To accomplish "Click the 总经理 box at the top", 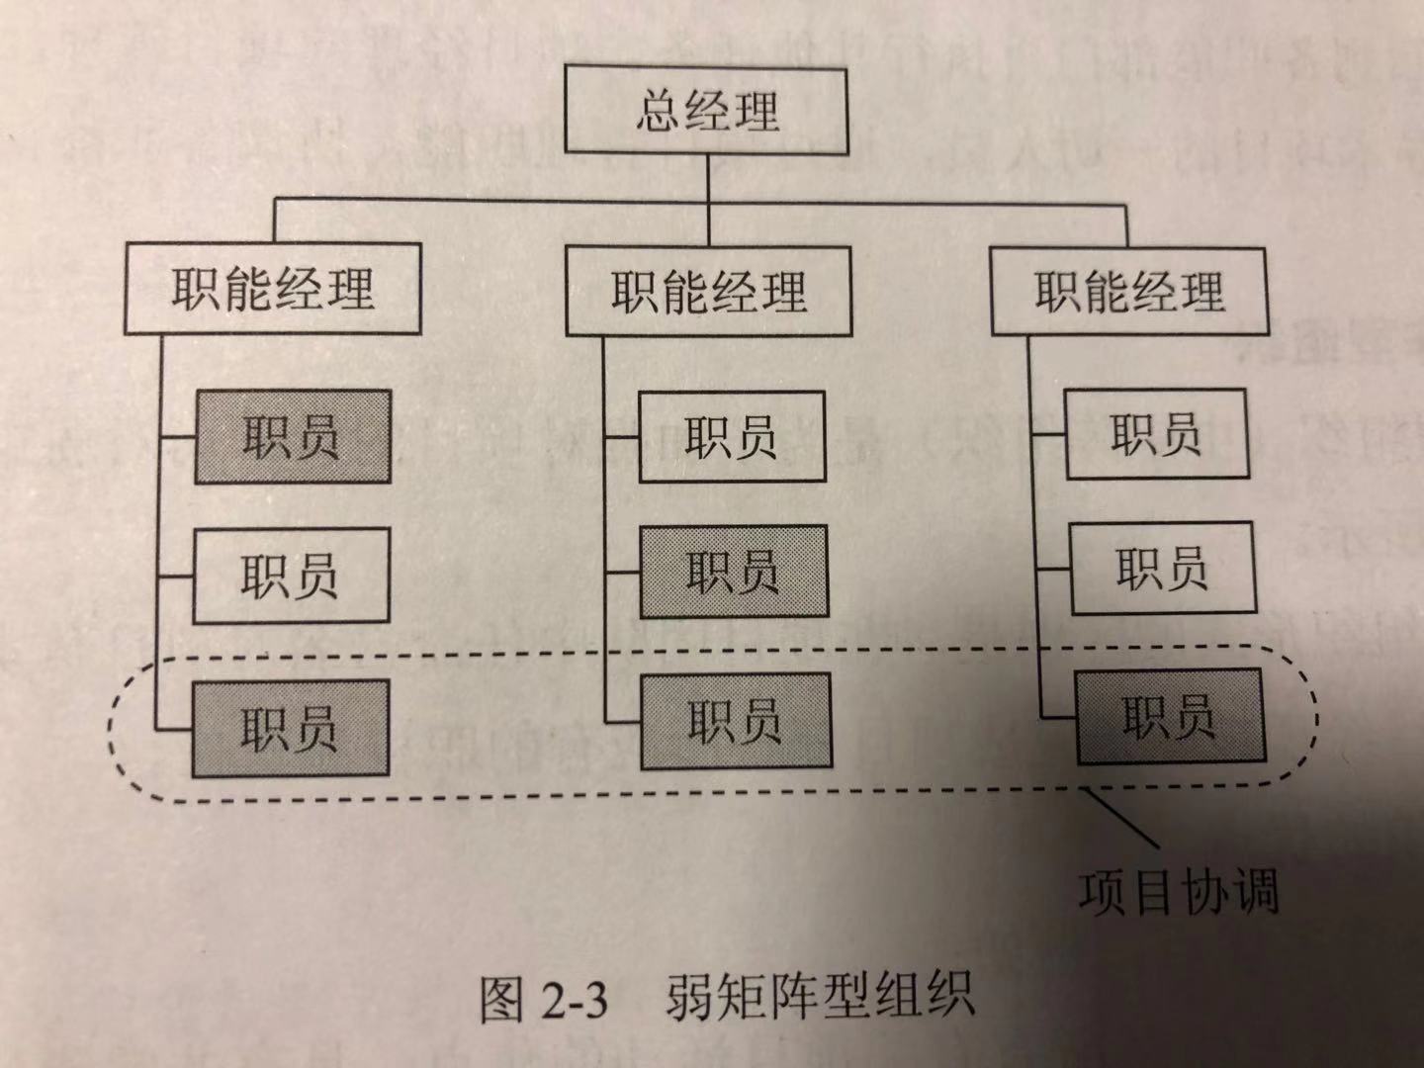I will pos(706,110).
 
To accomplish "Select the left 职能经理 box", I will pos(273,289).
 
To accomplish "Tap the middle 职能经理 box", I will pos(708,292).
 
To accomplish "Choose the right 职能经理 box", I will pos(1128,292).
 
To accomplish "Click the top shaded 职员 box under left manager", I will pos(293,436).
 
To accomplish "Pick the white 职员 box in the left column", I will pos(291,576).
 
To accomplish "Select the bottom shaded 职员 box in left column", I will pos(291,728).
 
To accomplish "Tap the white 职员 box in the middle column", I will pos(732,436).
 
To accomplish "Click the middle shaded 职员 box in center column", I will pos(733,572).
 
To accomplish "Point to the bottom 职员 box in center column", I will pos(736,720).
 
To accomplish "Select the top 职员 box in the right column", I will pos(1155,434).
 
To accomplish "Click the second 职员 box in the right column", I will pos(1162,569).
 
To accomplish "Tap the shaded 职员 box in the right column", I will pos(1169,716).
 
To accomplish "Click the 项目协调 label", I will pos(1179,891).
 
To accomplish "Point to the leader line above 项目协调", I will pos(1122,817).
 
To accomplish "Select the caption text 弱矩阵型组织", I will pos(820,997).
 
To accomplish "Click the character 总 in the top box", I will pos(658,110).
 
